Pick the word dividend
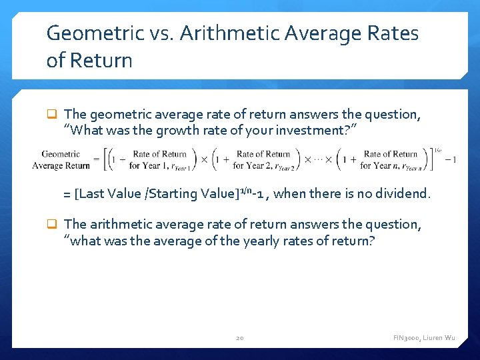[x=403, y=194]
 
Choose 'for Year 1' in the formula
[x=151, y=165]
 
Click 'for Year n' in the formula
[x=381, y=165]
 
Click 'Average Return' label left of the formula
[x=61, y=165]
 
